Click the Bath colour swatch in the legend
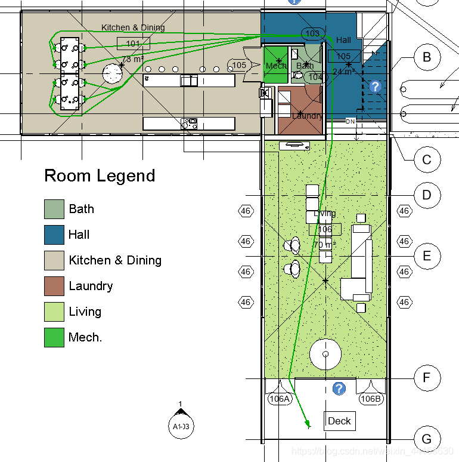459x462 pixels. (x=54, y=209)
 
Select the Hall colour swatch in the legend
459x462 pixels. (x=54, y=235)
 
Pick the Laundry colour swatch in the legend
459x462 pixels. (x=54, y=286)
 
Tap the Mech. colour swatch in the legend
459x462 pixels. (x=54, y=337)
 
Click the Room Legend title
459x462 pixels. (x=100, y=175)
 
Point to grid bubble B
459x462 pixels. (x=426, y=57)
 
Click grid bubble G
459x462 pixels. (x=426, y=439)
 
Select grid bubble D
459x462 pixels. (x=426, y=195)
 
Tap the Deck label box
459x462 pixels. (x=339, y=421)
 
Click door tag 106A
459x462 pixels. (x=279, y=399)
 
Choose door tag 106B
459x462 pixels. (x=370, y=399)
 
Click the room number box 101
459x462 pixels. (x=133, y=43)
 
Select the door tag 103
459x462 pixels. (x=312, y=33)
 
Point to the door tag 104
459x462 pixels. (x=315, y=76)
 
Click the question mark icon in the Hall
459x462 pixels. (x=375, y=87)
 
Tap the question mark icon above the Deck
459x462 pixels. (x=339, y=389)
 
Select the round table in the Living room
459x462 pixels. (x=326, y=355)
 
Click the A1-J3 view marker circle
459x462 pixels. (x=181, y=426)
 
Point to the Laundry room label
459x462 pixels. (x=307, y=115)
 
